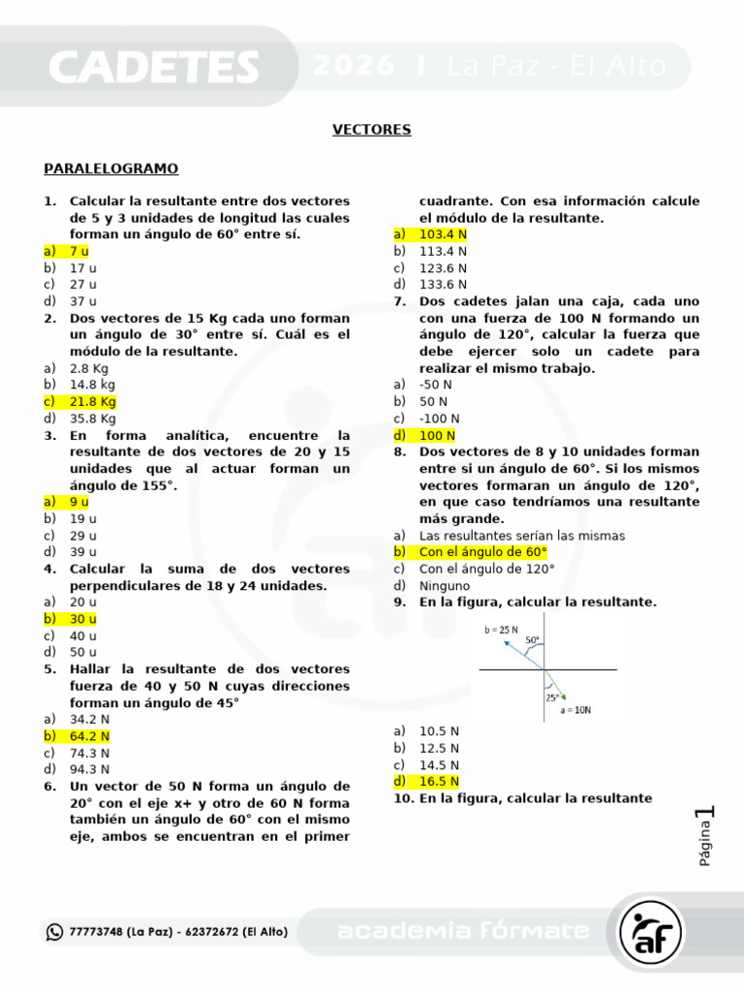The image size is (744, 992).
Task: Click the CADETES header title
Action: tap(153, 67)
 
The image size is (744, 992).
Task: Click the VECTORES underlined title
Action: tap(372, 130)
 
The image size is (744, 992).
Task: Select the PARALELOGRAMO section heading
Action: tap(111, 169)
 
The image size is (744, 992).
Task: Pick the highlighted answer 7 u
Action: tap(79, 251)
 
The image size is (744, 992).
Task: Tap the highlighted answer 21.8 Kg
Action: tap(92, 401)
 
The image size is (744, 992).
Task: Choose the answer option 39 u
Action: tap(83, 552)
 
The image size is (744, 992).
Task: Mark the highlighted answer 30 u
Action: tap(83, 618)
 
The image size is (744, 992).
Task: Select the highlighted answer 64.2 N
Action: tap(89, 736)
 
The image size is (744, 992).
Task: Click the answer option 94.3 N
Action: tap(89, 769)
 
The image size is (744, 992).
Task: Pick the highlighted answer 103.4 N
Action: tap(443, 234)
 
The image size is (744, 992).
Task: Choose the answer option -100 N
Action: tap(438, 418)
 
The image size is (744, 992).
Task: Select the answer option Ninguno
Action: tap(445, 585)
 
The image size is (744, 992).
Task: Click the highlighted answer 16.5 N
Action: tap(439, 781)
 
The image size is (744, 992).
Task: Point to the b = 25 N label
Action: tap(503, 630)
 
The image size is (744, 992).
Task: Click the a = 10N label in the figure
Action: tap(575, 710)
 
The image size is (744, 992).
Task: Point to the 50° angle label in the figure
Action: tap(533, 640)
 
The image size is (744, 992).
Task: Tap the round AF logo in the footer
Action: tap(651, 932)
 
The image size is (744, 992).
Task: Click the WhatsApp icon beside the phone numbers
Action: tap(54, 932)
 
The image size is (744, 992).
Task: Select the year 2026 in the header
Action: tap(355, 66)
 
